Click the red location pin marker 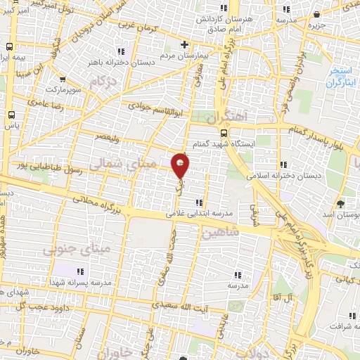181,165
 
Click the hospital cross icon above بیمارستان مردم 184,44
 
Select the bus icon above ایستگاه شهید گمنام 224,132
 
